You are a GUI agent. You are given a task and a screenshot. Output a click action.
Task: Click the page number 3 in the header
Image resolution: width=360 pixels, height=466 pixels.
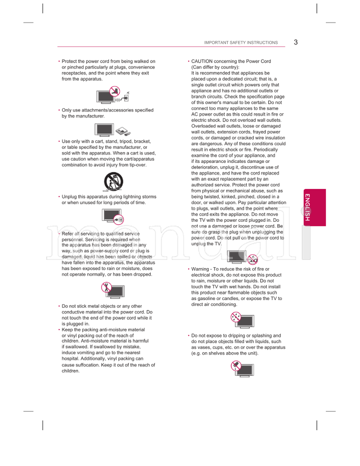tap(296, 42)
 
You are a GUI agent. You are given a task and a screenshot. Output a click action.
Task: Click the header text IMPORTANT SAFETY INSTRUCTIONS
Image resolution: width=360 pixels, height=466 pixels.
tap(241, 43)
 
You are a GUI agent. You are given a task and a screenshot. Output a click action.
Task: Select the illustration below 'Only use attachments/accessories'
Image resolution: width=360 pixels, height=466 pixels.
tap(113, 130)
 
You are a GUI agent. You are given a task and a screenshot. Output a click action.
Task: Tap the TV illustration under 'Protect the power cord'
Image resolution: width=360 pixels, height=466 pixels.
tap(113, 96)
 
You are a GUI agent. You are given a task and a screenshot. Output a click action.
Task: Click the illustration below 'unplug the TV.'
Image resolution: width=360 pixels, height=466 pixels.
tap(243, 257)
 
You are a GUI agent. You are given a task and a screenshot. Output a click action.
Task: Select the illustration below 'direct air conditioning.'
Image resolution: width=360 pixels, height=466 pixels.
tap(243, 321)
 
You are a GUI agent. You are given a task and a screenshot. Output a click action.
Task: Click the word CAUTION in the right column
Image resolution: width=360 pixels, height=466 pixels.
tap(201, 61)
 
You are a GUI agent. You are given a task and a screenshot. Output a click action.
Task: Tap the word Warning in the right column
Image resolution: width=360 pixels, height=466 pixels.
tap(200, 269)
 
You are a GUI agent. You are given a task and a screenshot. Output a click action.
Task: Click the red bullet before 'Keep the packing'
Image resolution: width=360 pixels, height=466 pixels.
tap(59, 330)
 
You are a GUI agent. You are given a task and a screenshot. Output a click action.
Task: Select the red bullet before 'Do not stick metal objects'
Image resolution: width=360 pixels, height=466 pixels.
tap(59, 306)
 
